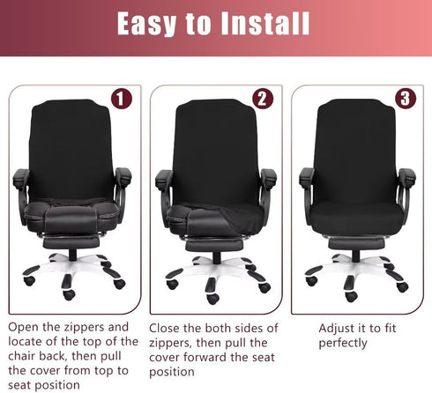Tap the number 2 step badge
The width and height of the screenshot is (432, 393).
coord(262,99)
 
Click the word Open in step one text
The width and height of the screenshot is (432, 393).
coord(26,327)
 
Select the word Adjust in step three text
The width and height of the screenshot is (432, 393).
coord(339,328)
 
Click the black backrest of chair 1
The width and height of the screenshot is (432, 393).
coord(72,154)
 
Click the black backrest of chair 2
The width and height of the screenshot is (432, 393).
coord(216,154)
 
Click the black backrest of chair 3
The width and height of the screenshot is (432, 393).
coord(356,154)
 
